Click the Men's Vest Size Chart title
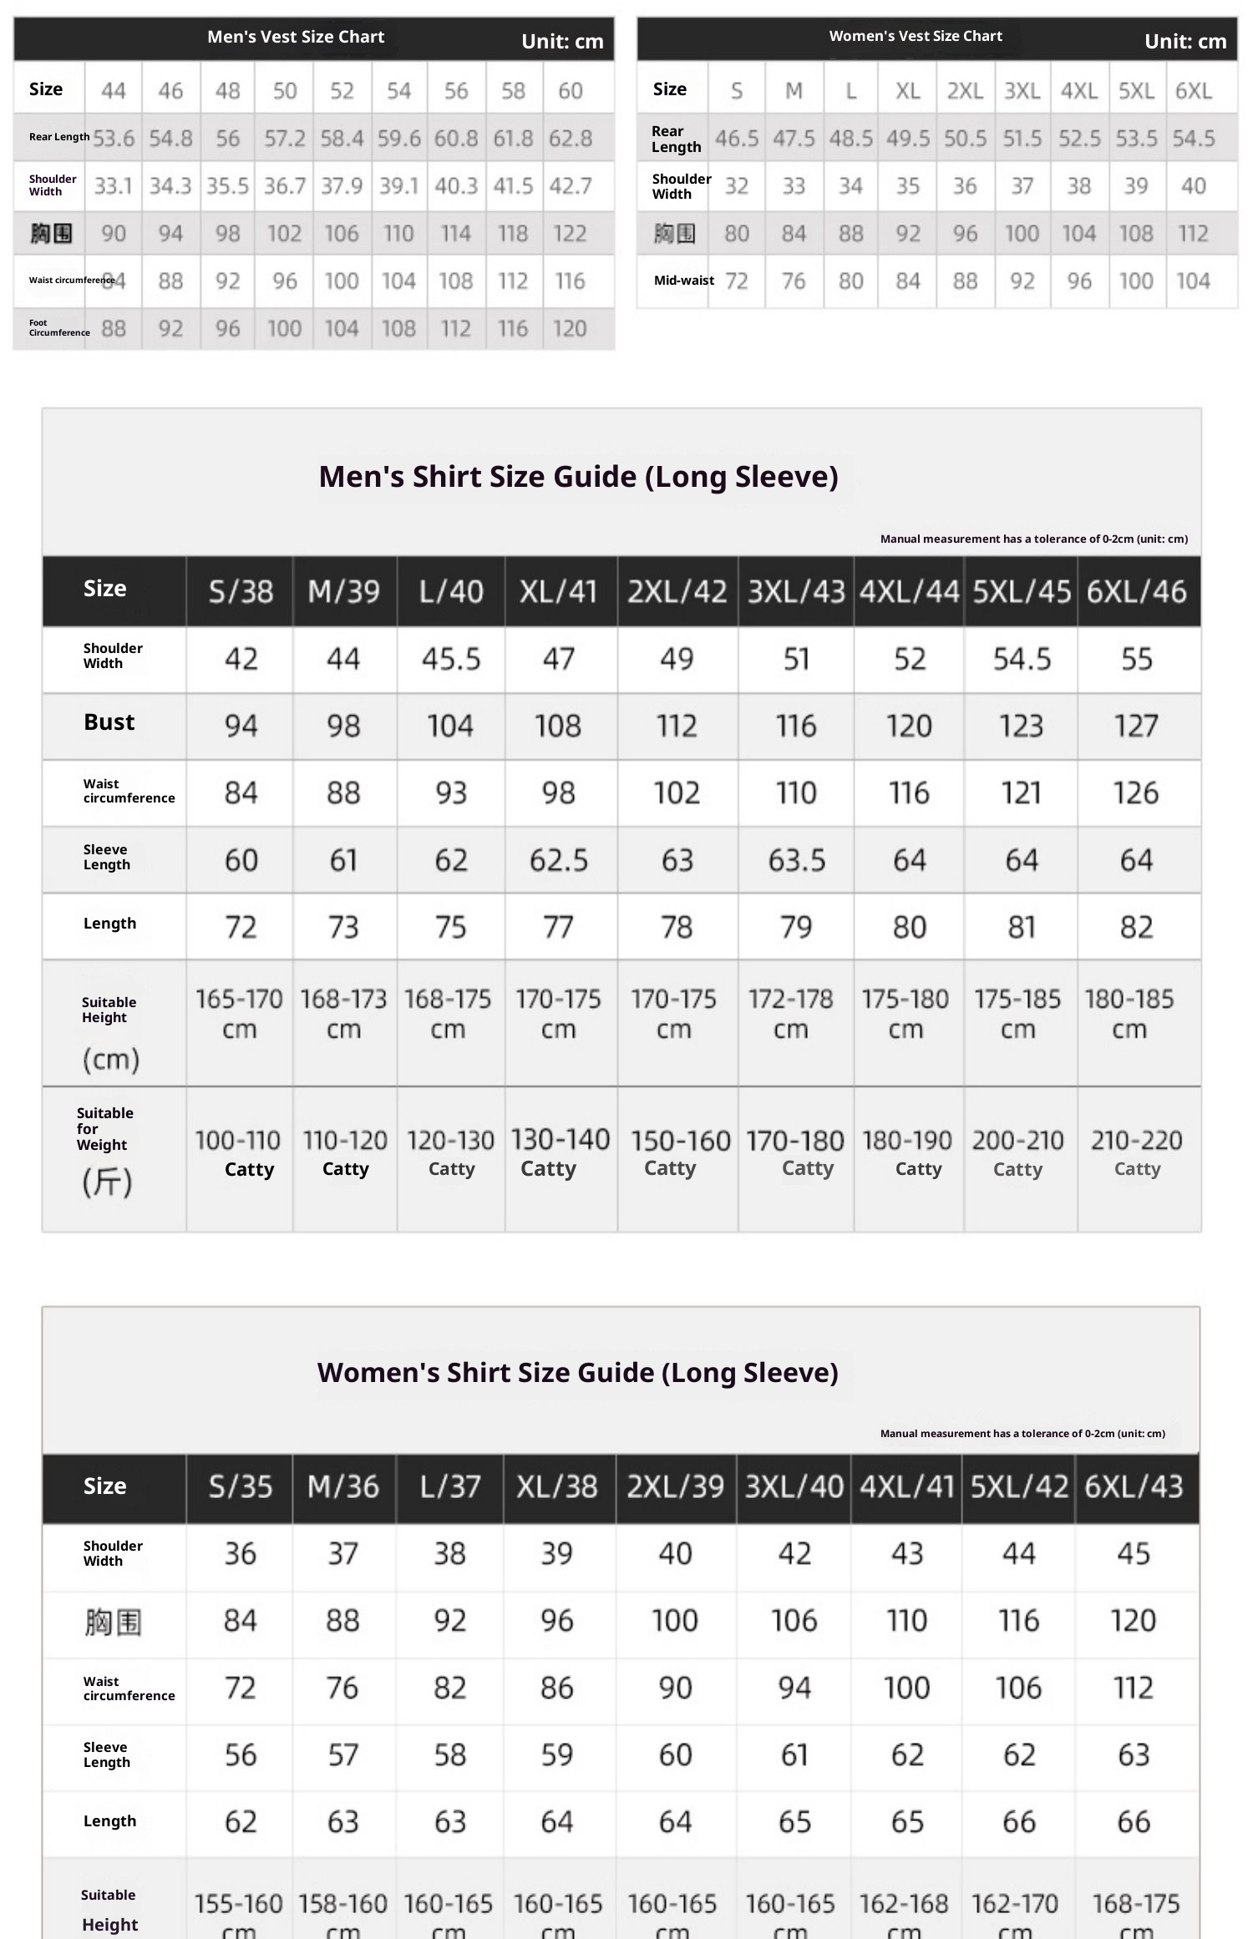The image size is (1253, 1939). pos(296,37)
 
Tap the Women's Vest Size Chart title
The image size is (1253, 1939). pos(916,36)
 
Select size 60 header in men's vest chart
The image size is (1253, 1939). pos(570,90)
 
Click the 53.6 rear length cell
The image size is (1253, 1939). pos(114,138)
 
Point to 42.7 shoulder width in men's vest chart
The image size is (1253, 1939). pos(570,185)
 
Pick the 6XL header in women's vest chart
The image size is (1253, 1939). pos(1193,90)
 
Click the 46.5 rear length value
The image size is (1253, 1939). pos(737,138)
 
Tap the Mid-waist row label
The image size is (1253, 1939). pos(683,281)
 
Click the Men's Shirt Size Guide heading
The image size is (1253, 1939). pos(578,477)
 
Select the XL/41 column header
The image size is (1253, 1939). pos(559,591)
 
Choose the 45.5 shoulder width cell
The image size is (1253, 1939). pos(451,659)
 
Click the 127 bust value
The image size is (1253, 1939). pos(1136,726)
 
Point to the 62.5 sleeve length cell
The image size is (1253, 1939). pos(559,859)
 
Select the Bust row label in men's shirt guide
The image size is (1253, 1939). pos(109,722)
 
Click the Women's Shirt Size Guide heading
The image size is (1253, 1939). pos(577,1373)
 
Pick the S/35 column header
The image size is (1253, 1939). pos(241,1486)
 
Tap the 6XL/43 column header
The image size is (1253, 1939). pos(1134,1486)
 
